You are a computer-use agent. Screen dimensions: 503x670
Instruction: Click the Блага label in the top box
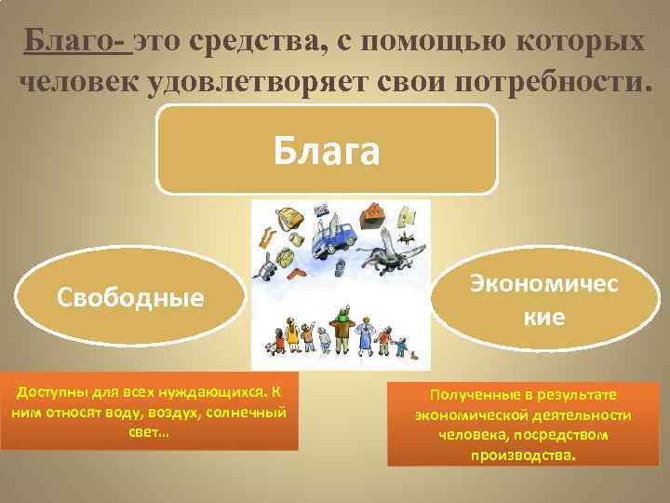pos(327,150)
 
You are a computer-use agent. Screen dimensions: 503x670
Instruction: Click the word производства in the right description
pos(522,456)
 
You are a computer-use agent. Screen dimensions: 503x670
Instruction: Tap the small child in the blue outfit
pos(401,348)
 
